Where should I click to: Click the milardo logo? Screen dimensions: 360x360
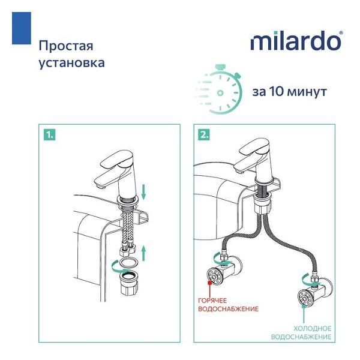(296, 42)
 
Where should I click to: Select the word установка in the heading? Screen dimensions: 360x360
(71, 62)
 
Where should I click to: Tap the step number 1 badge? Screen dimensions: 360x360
(49, 135)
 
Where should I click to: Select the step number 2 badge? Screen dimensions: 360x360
(204, 135)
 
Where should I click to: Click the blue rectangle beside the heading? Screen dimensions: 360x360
(21, 29)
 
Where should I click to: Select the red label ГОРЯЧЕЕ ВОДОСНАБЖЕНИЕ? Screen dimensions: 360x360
(229, 304)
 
